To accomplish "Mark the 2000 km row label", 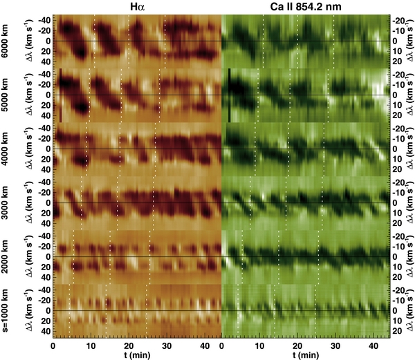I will (x=6, y=257).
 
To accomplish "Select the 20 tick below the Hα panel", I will (x=129, y=345).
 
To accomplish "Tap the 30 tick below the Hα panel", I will (x=166, y=345).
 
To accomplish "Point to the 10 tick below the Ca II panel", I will (x=259, y=345).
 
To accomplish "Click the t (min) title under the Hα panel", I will (x=136, y=354).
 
